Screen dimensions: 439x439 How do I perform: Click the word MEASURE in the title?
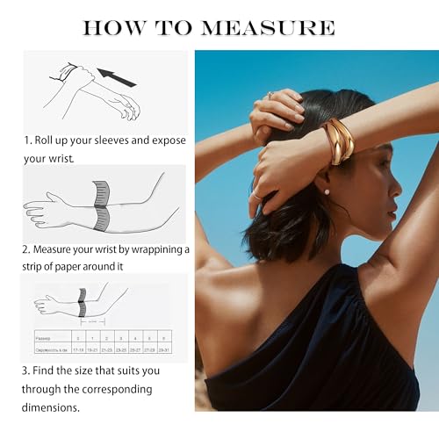(x=268, y=27)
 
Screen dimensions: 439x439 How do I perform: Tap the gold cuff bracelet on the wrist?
(x=339, y=140)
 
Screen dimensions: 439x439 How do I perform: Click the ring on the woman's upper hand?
(x=271, y=94)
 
